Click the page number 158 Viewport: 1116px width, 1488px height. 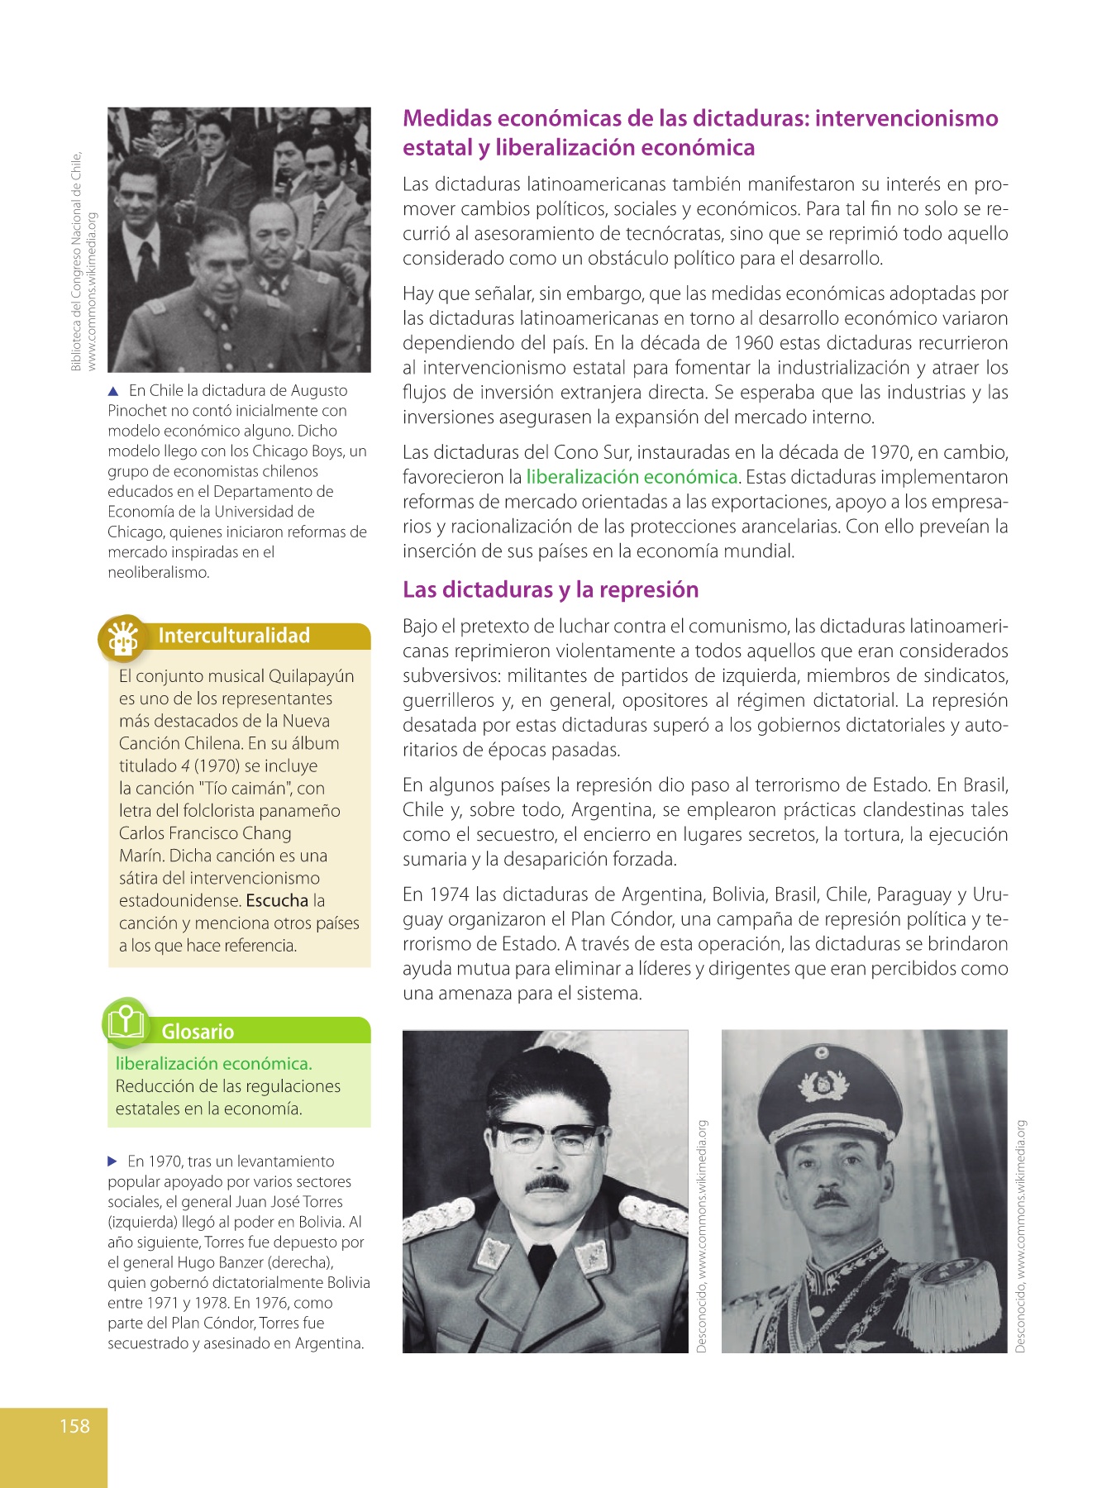pyautogui.click(x=74, y=1426)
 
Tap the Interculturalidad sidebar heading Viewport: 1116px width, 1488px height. pyautogui.click(x=234, y=636)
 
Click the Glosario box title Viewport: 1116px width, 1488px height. pyautogui.click(x=198, y=1032)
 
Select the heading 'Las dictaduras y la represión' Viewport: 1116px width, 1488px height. pyautogui.click(x=551, y=589)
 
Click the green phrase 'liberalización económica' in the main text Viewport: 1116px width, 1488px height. pyautogui.click(x=632, y=477)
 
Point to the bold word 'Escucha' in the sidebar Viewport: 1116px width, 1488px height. pyautogui.click(x=277, y=900)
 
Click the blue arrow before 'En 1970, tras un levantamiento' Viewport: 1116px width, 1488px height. pyautogui.click(x=113, y=1161)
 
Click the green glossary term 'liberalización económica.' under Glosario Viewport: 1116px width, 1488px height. pyautogui.click(x=213, y=1064)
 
